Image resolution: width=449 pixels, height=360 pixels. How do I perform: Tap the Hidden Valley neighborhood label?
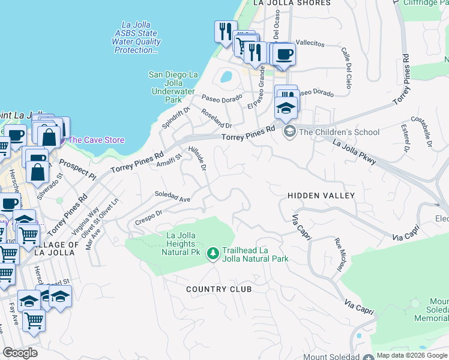[x=321, y=196]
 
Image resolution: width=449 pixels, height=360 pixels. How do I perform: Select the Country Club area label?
[x=218, y=289]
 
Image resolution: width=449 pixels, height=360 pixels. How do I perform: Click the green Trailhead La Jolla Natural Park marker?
[x=212, y=254]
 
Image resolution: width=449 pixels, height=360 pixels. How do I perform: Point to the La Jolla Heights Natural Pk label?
[x=178, y=244]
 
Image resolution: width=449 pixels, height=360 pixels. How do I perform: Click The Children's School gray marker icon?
[x=289, y=132]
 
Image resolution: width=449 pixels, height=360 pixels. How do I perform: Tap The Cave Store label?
[x=97, y=140]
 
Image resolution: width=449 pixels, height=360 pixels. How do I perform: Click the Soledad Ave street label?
[x=172, y=197]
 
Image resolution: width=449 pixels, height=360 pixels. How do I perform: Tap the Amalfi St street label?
[x=169, y=160]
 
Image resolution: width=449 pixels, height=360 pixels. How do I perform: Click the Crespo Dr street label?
[x=149, y=215]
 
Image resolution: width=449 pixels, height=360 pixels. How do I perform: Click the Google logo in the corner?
[x=20, y=353]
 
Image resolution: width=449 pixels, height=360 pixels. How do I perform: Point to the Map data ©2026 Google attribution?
[x=412, y=355]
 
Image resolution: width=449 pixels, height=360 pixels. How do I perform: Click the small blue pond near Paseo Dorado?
[x=226, y=77]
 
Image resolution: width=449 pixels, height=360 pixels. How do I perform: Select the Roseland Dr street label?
[x=217, y=122]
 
